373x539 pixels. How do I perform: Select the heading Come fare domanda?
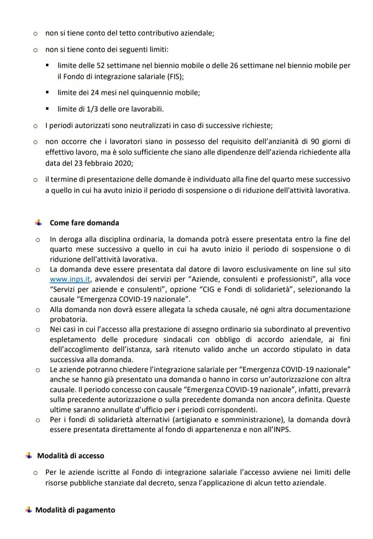(84, 223)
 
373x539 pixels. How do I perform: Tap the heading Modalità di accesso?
(71, 456)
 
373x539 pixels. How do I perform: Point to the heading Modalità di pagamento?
(75, 510)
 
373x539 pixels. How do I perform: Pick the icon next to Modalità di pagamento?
(28, 510)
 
